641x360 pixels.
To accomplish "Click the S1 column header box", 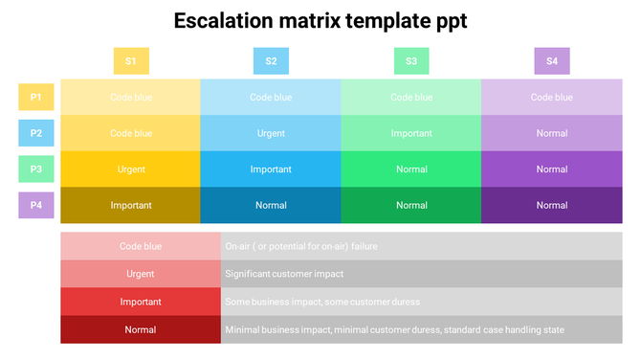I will pyautogui.click(x=131, y=61).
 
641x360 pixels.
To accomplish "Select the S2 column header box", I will pyautogui.click(x=271, y=61).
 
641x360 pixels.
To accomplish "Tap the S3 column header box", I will pyautogui.click(x=411, y=61).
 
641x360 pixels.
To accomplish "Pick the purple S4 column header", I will pyautogui.click(x=552, y=61).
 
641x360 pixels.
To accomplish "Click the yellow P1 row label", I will pyautogui.click(x=35, y=97).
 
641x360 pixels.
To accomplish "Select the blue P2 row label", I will pyautogui.click(x=35, y=133).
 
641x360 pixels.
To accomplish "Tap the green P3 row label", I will pyautogui.click(x=35, y=169).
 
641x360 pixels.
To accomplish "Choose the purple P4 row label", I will pyautogui.click(x=35, y=205).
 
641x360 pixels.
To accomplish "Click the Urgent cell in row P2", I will pyautogui.click(x=271, y=133).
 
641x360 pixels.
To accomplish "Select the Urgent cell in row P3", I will pyautogui.click(x=131, y=169).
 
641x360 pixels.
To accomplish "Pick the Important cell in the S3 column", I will pyautogui.click(x=411, y=133).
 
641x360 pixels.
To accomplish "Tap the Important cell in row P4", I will pyautogui.click(x=131, y=205).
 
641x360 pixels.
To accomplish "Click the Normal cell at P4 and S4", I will pyautogui.click(x=552, y=205).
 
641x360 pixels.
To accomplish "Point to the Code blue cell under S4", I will pyautogui.click(x=552, y=97).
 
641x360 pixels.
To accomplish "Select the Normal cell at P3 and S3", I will pyautogui.click(x=411, y=169).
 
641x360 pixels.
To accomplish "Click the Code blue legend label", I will pyautogui.click(x=141, y=246).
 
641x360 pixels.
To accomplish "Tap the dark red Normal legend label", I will pyautogui.click(x=141, y=329).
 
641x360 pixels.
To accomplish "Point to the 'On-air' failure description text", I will pyautogui.click(x=300, y=246).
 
